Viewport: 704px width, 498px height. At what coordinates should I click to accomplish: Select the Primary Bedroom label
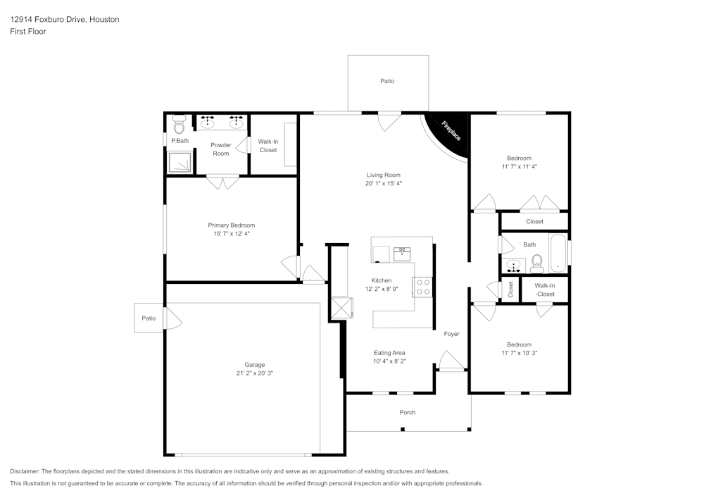pos(231,225)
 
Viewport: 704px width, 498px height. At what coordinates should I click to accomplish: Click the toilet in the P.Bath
pos(179,125)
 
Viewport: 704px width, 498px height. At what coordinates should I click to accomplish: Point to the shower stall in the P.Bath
pos(181,163)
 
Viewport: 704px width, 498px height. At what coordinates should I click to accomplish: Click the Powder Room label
pos(221,149)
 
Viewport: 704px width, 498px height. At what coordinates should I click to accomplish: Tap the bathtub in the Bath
pos(558,254)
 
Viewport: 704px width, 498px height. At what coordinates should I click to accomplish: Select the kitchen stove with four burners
pos(422,287)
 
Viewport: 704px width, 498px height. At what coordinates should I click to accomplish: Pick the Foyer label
pos(451,334)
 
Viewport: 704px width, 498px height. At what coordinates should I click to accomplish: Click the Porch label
pos(407,412)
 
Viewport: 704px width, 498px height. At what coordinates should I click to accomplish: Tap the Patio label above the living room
pos(387,81)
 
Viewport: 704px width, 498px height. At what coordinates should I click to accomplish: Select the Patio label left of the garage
pos(149,318)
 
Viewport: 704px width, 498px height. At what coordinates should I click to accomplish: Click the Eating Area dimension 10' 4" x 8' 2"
pos(389,361)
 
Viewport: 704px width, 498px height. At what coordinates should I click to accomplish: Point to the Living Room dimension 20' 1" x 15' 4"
pos(384,183)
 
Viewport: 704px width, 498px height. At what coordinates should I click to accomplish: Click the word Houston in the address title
pos(104,20)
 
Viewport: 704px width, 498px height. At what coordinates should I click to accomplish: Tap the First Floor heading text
pos(28,32)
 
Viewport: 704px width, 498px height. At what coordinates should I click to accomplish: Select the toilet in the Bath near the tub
pos(537,263)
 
